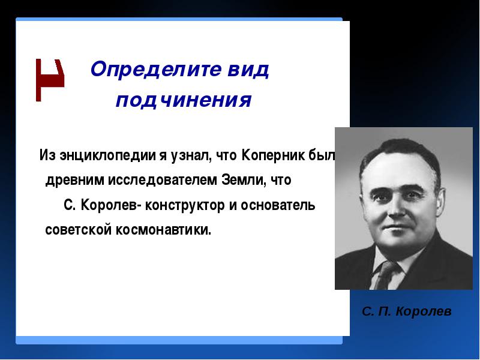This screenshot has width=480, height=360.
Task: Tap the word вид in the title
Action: [x=248, y=69]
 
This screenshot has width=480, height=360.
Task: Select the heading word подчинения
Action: [x=184, y=100]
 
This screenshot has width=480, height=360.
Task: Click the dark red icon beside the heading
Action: [x=50, y=80]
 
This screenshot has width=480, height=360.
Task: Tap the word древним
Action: [x=74, y=181]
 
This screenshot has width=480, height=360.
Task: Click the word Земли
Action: [x=242, y=179]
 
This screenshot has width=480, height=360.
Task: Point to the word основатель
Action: [x=278, y=205]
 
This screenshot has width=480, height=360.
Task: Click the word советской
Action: [x=79, y=230]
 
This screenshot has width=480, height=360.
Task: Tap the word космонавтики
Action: [x=163, y=230]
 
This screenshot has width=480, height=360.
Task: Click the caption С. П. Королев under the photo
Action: [x=407, y=311]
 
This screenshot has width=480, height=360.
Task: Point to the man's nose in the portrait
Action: [x=396, y=208]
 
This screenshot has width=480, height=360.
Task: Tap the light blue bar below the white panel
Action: [x=179, y=340]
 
